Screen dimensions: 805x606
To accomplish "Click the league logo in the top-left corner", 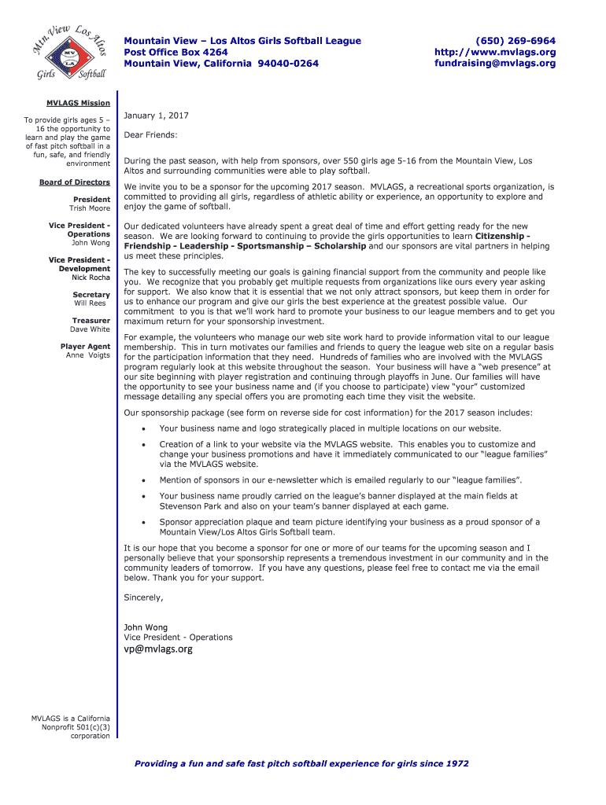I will pos(68,53).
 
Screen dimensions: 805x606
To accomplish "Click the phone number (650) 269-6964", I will pos(515,41).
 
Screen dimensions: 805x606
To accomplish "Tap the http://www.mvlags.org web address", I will pos(495,52).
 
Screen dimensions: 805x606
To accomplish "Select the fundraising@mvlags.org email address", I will pos(495,64).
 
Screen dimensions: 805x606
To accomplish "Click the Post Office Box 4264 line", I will pos(176,52).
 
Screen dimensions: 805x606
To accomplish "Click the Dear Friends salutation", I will pos(150,135).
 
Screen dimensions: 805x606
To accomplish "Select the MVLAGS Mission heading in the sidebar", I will pos(78,103).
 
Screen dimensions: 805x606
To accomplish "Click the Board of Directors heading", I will pos(75,182).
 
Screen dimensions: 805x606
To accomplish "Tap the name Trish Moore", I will pos(90,208).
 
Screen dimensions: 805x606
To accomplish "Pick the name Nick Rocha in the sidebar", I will pos(91,278).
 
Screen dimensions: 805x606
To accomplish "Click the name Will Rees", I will pos(92,303).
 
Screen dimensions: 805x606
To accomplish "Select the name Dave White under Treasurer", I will pos(90,329).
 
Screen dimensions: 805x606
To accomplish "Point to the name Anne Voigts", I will pos(88,355).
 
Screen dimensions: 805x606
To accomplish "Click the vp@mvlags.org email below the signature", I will pos(158,649).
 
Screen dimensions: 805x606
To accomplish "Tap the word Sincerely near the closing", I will pos(143,597).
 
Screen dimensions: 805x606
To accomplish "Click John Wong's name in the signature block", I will pos(146,627).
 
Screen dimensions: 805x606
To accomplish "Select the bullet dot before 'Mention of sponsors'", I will pos(142,480).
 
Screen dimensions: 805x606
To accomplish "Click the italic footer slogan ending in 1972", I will pos(301,763).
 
